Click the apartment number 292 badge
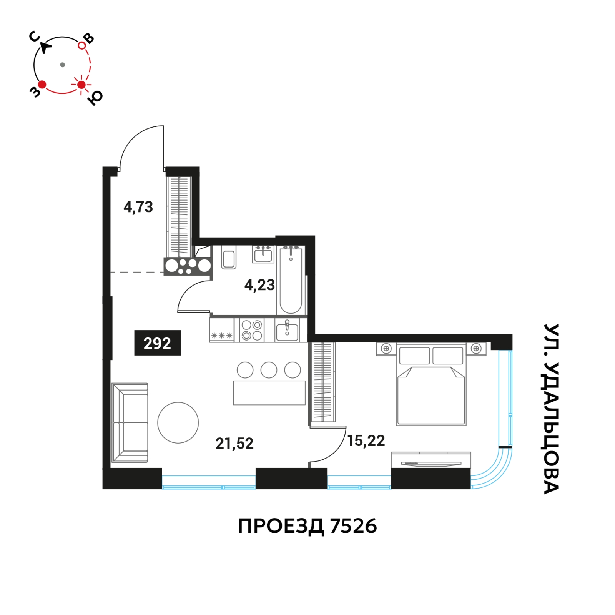[x=158, y=343]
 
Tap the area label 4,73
[x=138, y=208]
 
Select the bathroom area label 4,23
[x=260, y=285]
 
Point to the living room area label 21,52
[x=234, y=444]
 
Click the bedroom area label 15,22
[x=366, y=441]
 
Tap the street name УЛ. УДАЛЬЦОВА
[x=552, y=409]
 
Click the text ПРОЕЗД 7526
[x=307, y=526]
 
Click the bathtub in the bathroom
[x=291, y=280]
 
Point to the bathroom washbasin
[x=263, y=254]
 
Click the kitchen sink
[x=287, y=330]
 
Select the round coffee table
[x=178, y=423]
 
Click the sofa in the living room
[x=130, y=422]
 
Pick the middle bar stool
[x=269, y=370]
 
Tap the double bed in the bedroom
[x=431, y=384]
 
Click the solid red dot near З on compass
[x=42, y=84]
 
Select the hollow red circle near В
[x=82, y=45]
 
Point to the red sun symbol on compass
[x=81, y=85]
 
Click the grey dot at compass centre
[x=63, y=65]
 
